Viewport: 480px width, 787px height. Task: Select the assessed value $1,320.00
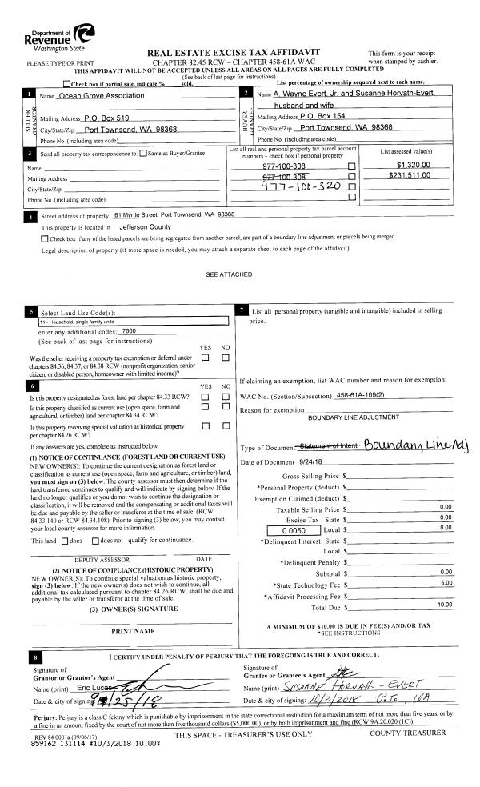click(413, 164)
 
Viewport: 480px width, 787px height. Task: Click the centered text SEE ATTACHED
click(230, 274)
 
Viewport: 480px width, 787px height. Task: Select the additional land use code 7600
click(130, 330)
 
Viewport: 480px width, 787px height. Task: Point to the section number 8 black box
click(34, 658)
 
